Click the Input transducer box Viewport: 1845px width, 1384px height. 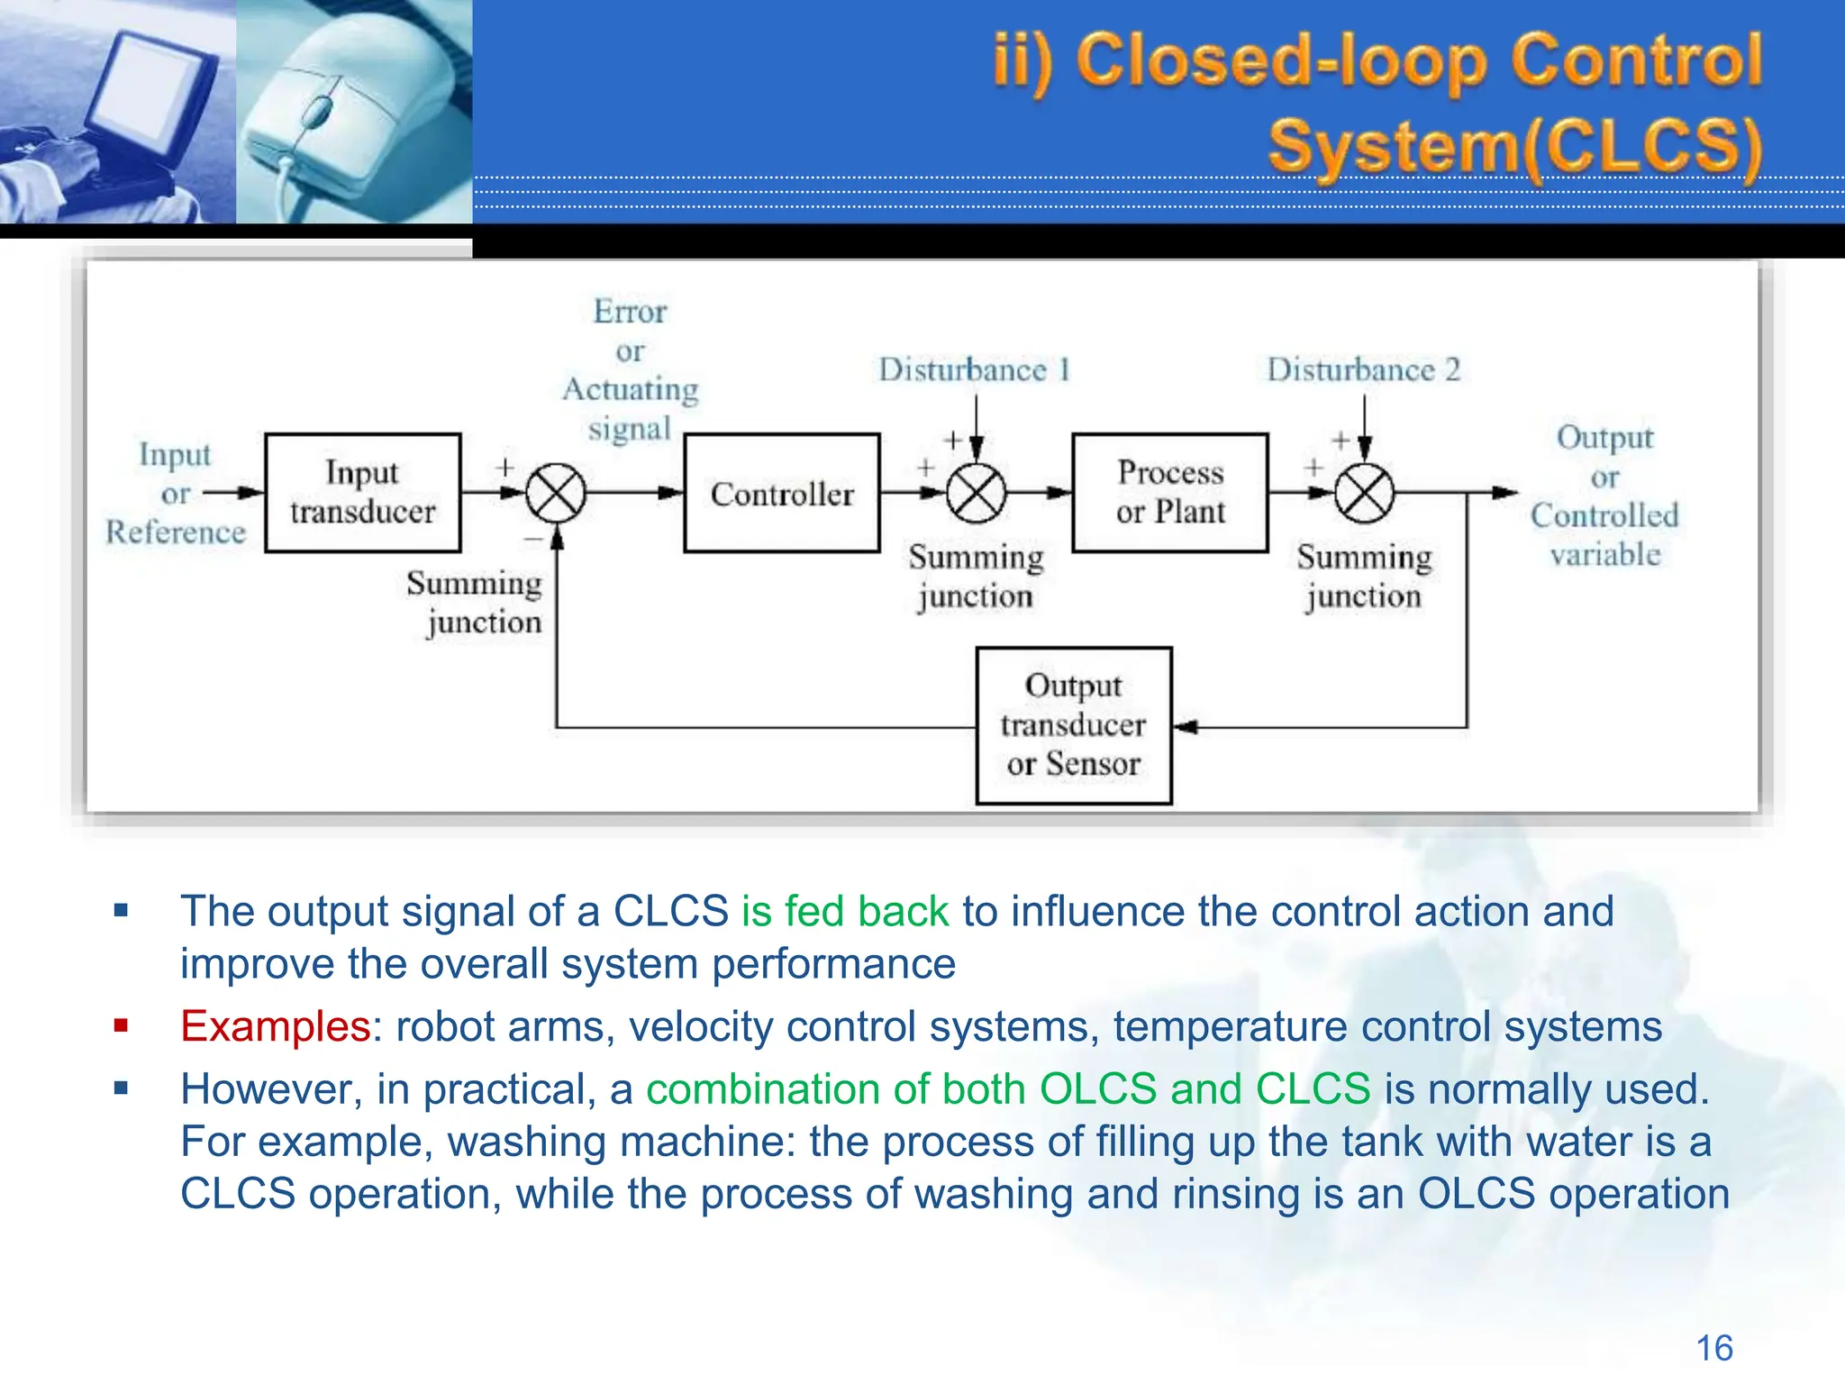point(362,492)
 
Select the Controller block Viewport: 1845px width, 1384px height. point(781,492)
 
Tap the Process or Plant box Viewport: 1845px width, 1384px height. point(1169,492)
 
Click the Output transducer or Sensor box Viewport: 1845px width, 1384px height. point(1073,724)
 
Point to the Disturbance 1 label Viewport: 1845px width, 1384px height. point(974,369)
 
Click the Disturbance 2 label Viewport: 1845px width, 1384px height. point(1362,369)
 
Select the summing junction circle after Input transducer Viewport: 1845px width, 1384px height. point(556,493)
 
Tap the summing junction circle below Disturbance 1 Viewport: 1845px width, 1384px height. point(977,493)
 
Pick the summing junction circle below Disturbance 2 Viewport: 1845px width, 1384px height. point(1364,493)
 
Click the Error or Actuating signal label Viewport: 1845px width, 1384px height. point(630,369)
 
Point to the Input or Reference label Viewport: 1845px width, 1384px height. point(176,493)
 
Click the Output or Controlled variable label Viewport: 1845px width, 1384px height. point(1604,495)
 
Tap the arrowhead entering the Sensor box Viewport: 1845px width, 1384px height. point(1186,726)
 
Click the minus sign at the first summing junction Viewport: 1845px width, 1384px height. point(533,540)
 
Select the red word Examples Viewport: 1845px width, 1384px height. point(275,1026)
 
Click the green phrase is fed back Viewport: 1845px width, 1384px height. point(844,911)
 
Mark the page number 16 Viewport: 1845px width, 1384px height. point(1713,1348)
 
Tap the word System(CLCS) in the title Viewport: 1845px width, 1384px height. point(1514,146)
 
